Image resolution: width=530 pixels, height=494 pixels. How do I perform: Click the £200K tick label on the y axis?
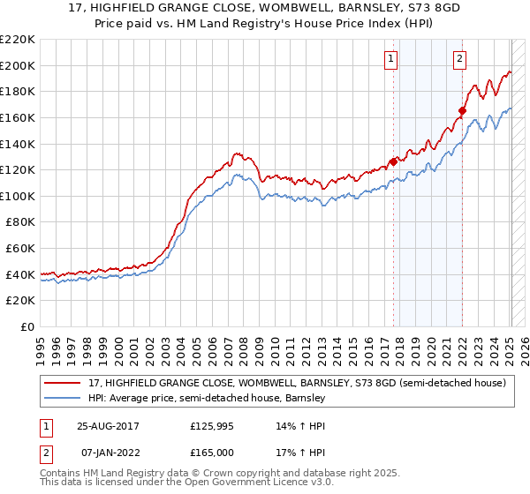(18, 65)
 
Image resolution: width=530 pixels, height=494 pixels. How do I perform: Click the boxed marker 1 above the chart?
(390, 59)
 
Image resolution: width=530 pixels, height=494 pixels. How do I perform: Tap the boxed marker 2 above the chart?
(460, 59)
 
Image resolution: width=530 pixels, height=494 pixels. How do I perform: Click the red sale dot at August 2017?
(393, 161)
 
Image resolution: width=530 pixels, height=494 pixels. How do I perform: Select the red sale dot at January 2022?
(462, 110)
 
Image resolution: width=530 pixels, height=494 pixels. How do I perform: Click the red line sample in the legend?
(64, 384)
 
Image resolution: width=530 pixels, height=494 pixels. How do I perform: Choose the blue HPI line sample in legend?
(64, 399)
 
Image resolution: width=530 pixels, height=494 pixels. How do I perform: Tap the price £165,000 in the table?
(212, 452)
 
